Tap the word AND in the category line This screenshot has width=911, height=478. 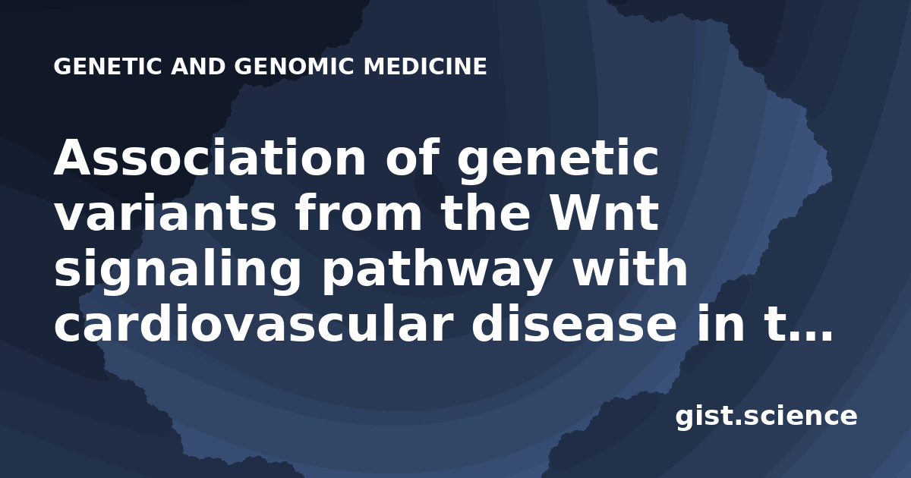pos(198,67)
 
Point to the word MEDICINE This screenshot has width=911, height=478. pos(425,67)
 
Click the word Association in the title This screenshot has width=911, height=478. pos(210,158)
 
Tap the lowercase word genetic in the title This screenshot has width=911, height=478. pos(558,162)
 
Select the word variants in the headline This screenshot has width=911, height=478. pos(165,214)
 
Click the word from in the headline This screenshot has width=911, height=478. pos(358,212)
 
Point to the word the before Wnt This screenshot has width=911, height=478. pos(486,212)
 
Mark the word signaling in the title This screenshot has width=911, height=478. pos(178,270)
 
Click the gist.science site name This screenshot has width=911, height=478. pos(766,417)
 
